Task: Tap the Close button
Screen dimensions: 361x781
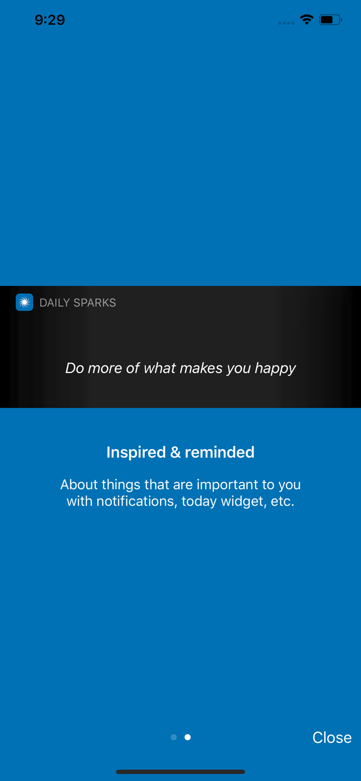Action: point(332,737)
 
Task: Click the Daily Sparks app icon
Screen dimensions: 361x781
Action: point(24,302)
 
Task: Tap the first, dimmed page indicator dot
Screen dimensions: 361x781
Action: point(174,737)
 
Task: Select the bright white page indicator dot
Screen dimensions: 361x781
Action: point(188,737)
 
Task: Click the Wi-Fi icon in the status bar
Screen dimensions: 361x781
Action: point(307,20)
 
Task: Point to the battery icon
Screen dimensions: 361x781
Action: point(331,20)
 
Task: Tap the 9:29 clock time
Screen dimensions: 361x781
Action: point(50,20)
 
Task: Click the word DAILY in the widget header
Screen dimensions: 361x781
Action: point(55,303)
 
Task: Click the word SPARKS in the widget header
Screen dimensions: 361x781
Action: point(95,303)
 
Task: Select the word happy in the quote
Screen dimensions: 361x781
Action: point(275,368)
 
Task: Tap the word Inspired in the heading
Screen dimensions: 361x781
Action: point(136,453)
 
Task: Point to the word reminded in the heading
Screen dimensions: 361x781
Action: point(220,452)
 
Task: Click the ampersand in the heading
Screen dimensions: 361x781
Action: point(175,452)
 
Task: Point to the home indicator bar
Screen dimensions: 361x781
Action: point(180,772)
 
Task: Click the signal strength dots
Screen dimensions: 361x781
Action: point(286,23)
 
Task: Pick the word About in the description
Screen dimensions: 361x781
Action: point(79,485)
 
